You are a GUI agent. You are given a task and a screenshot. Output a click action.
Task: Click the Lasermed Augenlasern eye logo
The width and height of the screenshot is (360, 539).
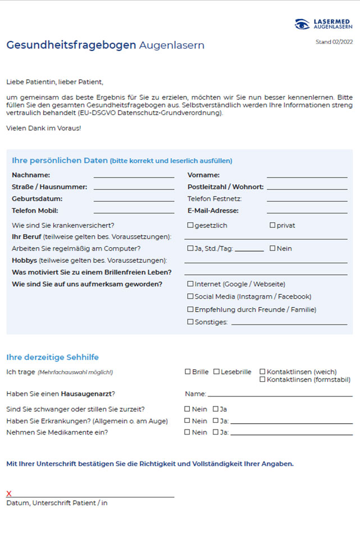tap(303, 24)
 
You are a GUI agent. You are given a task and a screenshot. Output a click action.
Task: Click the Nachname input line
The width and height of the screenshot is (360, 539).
tap(134, 176)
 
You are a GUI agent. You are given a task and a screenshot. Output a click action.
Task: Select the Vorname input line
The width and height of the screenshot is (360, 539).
tap(307, 176)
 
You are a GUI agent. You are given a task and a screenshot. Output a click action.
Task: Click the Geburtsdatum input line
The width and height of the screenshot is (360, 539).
tap(134, 200)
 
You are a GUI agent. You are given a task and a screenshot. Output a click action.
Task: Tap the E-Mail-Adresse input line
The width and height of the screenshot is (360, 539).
tap(307, 212)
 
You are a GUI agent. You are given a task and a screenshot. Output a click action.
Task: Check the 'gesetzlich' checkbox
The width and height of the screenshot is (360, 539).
tap(190, 225)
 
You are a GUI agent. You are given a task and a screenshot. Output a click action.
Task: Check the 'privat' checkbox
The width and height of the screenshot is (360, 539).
tap(272, 225)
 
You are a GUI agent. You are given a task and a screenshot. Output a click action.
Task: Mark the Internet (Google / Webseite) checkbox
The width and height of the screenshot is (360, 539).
tap(190, 284)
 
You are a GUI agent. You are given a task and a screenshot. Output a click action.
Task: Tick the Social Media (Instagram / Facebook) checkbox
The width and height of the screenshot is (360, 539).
tap(190, 296)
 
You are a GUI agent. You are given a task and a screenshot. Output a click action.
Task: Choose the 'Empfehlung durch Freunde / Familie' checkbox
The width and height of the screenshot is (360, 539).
tap(190, 309)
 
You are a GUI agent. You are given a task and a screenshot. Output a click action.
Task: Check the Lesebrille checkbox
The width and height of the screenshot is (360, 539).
tap(216, 372)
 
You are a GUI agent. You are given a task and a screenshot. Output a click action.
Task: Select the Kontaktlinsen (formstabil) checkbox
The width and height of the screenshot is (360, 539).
tap(262, 380)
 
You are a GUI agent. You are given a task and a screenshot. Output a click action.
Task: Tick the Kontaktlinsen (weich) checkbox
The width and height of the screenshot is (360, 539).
tap(262, 372)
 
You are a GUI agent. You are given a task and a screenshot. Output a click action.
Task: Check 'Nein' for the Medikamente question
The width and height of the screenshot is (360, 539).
tap(188, 432)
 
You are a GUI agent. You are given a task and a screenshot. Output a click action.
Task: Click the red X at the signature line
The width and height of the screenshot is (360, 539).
tap(9, 494)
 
